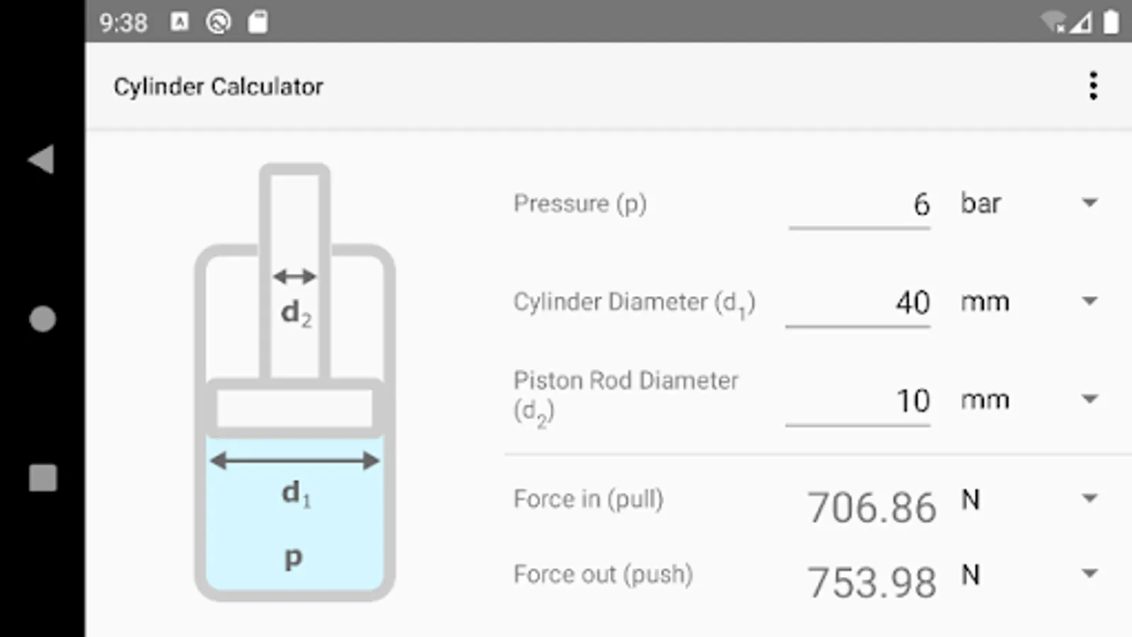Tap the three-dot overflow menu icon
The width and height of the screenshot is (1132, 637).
click(x=1093, y=86)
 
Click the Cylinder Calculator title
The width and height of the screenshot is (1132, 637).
click(x=219, y=87)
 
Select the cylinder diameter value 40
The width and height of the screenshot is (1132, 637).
click(x=913, y=303)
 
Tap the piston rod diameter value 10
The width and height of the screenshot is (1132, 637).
click(x=913, y=401)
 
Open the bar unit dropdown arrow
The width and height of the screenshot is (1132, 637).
click(x=1090, y=203)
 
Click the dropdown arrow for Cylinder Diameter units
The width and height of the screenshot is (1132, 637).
click(x=1090, y=302)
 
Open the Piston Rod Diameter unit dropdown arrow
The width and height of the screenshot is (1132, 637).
click(x=1090, y=399)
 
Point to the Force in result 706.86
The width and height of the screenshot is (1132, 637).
click(x=872, y=507)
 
